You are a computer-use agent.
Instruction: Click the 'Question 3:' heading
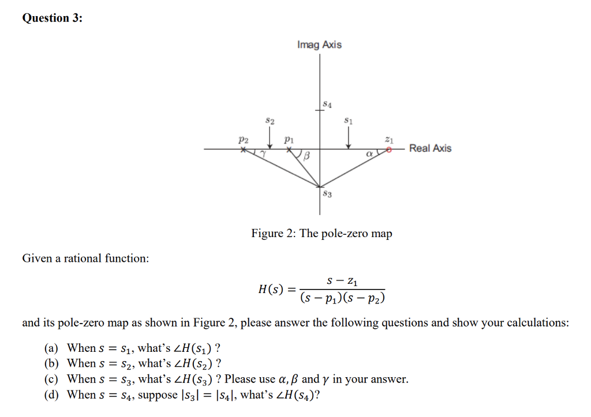[x=52, y=18]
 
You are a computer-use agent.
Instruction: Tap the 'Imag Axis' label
[x=319, y=45]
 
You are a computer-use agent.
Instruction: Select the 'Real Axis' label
[x=430, y=148]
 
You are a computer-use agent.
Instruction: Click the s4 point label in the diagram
[x=327, y=104]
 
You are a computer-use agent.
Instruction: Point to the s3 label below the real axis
[x=327, y=194]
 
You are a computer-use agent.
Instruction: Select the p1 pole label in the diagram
[x=289, y=140]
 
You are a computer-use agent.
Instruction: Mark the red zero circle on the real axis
[x=390, y=149]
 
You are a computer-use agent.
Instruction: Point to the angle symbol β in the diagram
[x=307, y=156]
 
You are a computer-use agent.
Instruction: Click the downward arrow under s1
[x=348, y=138]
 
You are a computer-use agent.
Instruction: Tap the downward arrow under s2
[x=270, y=138]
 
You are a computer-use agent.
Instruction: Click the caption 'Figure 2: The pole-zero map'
[x=321, y=234]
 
